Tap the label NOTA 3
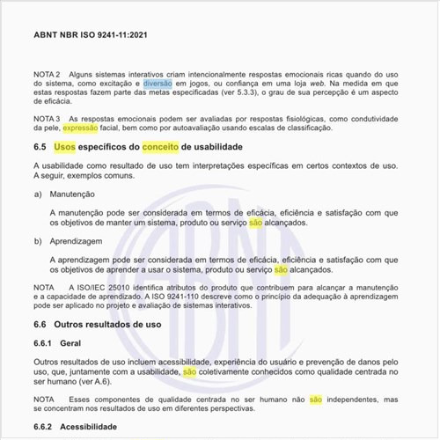coord(47,118)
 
